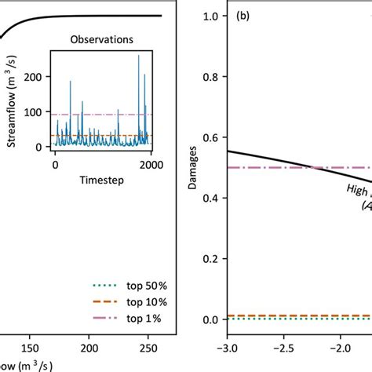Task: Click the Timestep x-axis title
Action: pyautogui.click(x=104, y=180)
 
